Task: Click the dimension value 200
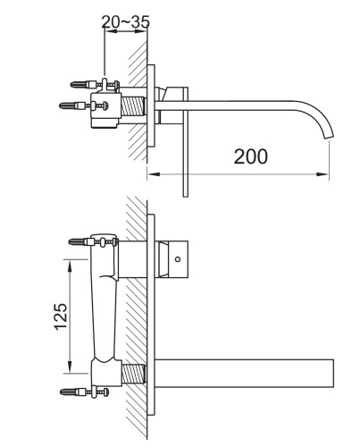point(251,156)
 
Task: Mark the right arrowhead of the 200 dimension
point(328,172)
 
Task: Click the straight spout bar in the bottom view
point(246,373)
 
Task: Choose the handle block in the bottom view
point(178,257)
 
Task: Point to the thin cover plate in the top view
point(184,134)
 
